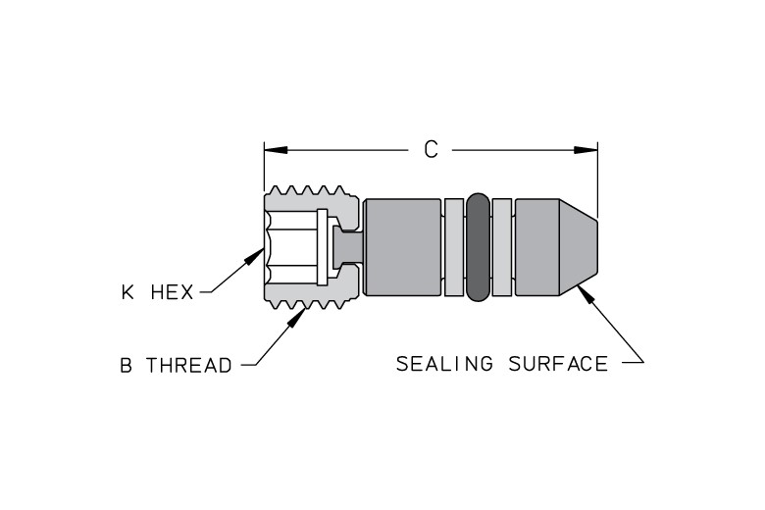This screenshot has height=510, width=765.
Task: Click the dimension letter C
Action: pos(431,150)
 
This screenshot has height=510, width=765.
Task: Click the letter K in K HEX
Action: pos(127,292)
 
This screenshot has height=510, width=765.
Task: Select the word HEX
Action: pos(172,292)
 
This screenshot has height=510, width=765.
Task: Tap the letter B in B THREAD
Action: pos(126,365)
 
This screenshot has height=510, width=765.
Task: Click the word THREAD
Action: pos(189,365)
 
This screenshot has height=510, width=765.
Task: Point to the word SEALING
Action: pos(445,364)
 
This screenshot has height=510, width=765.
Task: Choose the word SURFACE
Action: pos(558,364)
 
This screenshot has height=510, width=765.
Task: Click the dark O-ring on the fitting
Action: pos(478,247)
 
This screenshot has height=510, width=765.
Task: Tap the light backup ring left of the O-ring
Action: pos(454,247)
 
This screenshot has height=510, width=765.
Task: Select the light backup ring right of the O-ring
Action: pos(502,247)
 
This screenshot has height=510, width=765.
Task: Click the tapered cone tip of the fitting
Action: pos(578,247)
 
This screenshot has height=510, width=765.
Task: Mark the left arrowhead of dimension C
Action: pos(276,150)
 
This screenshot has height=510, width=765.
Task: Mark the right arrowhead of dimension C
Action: pos(586,150)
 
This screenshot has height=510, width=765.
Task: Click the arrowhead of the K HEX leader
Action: pos(255,256)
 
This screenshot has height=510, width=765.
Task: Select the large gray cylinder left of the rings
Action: pos(402,247)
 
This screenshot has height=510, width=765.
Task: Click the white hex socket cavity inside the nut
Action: pos(290,247)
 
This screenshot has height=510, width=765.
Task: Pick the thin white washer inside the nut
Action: pos(322,247)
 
